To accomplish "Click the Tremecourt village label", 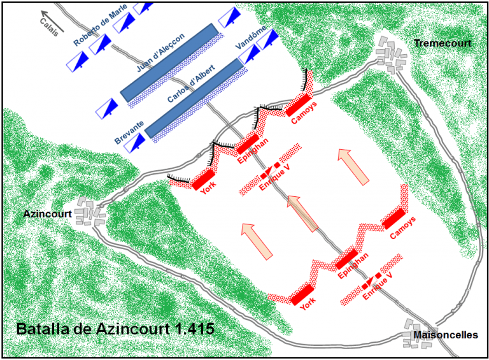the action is click(x=443, y=43).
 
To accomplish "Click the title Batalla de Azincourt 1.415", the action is click(x=115, y=329).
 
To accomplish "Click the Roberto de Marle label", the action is click(x=100, y=25).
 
